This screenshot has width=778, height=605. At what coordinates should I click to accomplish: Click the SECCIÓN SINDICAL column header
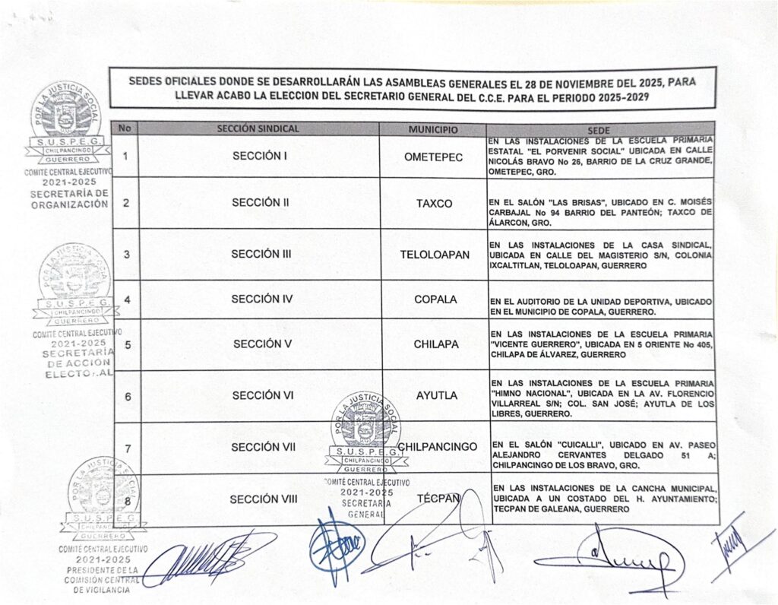(258, 129)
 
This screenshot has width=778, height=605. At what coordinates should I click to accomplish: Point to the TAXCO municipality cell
(435, 204)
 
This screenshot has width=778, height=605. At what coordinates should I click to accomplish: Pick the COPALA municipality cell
(435, 299)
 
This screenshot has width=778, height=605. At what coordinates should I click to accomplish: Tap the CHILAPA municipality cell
(435, 344)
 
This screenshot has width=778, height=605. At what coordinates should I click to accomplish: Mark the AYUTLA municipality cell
(435, 396)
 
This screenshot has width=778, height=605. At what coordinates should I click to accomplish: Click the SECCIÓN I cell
(258, 157)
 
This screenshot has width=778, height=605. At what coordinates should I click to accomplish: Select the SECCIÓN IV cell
(261, 299)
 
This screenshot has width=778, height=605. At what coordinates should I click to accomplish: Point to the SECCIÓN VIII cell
(264, 499)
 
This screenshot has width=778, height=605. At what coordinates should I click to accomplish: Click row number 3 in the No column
(125, 255)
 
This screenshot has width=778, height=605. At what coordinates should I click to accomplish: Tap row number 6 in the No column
(126, 396)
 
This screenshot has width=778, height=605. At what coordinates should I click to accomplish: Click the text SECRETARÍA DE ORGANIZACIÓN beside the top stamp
(71, 198)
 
